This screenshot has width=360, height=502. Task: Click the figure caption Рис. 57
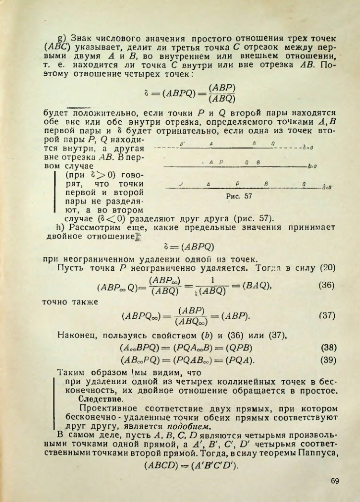point(242,196)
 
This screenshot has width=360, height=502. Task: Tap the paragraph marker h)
point(62,227)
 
